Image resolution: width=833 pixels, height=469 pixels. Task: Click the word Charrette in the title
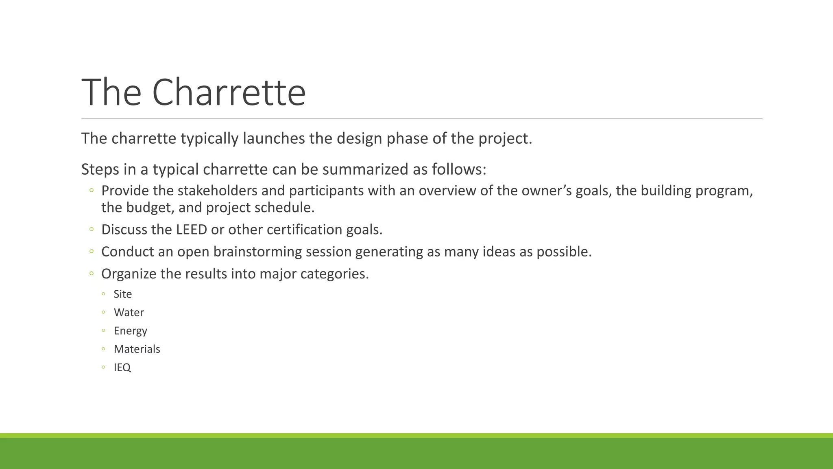tap(229, 93)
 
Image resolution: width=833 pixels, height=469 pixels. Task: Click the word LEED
tap(192, 230)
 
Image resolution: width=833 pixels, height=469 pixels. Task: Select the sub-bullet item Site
tap(123, 294)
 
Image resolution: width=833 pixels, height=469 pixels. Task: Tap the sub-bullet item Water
tap(129, 312)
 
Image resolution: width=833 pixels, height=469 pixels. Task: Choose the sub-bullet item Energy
tap(131, 331)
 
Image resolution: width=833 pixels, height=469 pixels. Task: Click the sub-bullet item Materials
tap(137, 349)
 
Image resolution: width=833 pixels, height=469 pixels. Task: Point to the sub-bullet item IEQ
tap(122, 367)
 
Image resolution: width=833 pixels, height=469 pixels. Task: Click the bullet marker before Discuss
tap(92, 230)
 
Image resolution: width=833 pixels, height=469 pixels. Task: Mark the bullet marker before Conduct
tap(92, 252)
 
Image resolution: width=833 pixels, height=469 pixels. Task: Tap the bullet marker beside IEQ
tap(104, 367)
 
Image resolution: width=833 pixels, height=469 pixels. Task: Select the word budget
tap(150, 208)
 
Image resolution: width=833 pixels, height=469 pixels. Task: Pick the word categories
tap(334, 274)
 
